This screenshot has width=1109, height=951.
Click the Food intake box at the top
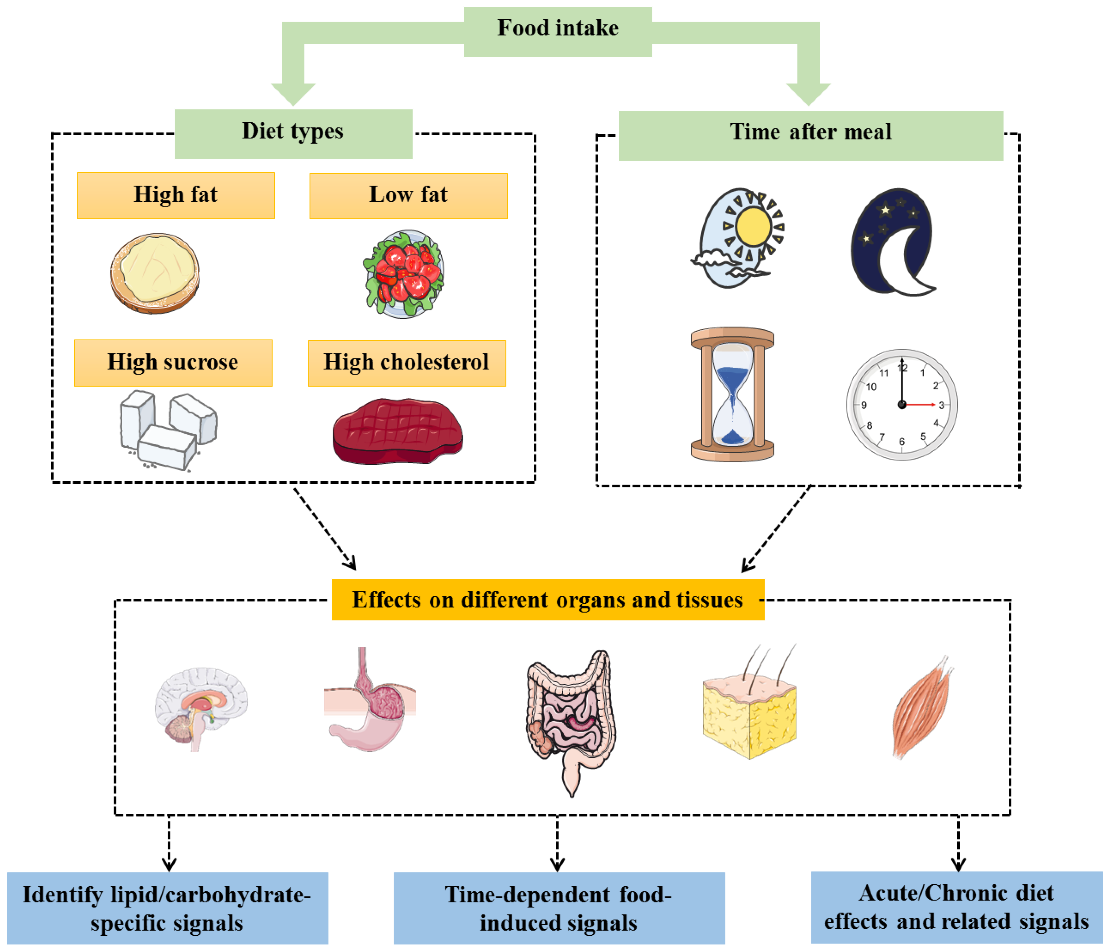point(558,31)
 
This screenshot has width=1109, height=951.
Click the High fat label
point(176,195)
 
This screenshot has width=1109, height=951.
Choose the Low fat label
point(408,195)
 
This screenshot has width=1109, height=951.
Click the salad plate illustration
point(404,274)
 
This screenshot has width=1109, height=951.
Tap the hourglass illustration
point(732,394)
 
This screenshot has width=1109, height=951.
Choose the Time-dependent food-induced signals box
point(559,908)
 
